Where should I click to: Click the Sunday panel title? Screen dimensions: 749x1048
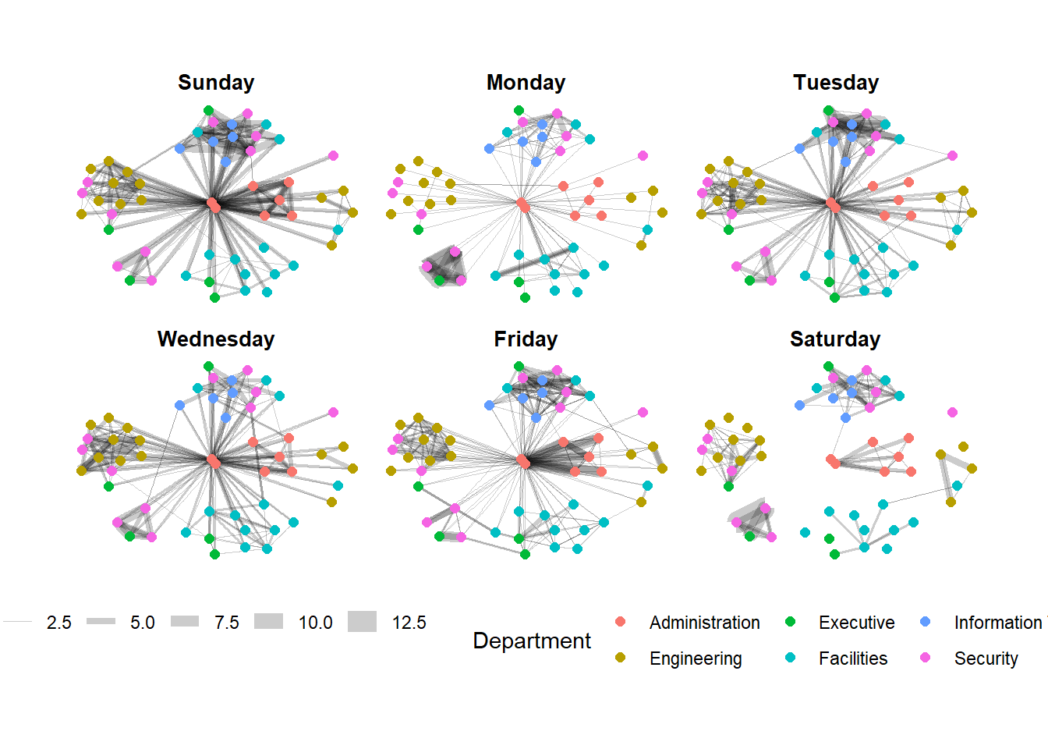[x=216, y=83]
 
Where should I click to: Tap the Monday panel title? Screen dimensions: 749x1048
[x=526, y=83]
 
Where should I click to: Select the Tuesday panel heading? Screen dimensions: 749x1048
[x=836, y=83]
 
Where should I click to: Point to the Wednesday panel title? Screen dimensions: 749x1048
[x=216, y=339]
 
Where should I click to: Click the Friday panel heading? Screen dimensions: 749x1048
[x=526, y=339]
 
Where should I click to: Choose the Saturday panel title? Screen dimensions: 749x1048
[x=835, y=339]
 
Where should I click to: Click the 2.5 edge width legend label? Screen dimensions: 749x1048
[x=58, y=623]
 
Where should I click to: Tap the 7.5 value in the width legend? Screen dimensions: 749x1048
[x=227, y=623]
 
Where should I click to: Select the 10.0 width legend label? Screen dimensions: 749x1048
[x=315, y=623]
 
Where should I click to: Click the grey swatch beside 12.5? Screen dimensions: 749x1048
[x=362, y=622]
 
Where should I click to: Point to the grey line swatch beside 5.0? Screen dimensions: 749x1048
[x=101, y=622]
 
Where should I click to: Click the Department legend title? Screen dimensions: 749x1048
[x=532, y=641]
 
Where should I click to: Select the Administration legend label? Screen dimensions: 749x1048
[x=704, y=623]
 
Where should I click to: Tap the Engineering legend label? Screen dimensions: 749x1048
[x=696, y=658]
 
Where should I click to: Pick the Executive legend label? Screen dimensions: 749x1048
[x=856, y=623]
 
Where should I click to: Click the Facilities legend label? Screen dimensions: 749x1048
[x=852, y=658]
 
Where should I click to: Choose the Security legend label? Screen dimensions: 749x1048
[x=986, y=658]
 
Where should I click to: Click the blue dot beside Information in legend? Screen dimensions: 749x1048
[x=926, y=622]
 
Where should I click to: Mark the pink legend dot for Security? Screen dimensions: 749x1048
[x=926, y=658]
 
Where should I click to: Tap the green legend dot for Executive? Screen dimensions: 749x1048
[x=790, y=622]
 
